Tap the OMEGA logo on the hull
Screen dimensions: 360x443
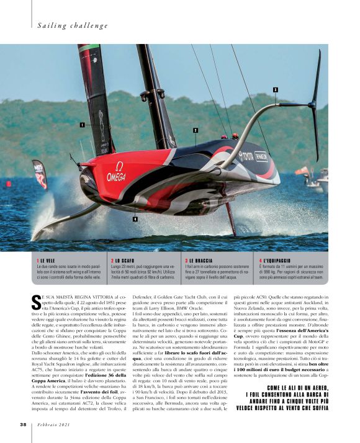pos(116,172)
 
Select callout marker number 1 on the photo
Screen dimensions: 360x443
pos(81,124)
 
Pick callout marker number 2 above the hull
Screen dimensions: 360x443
pos(196,130)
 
